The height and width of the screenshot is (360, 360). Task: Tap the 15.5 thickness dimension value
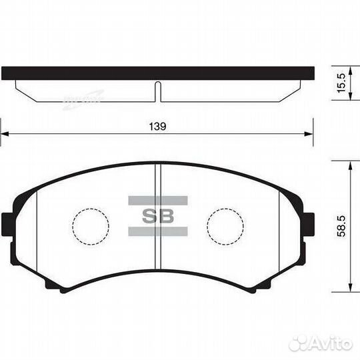coord(341,84)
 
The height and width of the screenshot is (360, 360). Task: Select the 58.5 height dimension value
coord(341,227)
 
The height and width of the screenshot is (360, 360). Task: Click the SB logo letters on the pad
coord(157,215)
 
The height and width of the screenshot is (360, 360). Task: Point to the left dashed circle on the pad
coord(90,227)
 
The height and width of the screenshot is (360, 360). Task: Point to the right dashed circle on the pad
coord(225,227)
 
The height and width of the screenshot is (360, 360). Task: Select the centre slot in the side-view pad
coord(157,92)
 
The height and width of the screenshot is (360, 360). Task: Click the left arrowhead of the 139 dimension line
coord(4,135)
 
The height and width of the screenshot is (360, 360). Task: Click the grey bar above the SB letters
coord(157,199)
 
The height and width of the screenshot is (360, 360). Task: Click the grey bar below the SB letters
coord(157,231)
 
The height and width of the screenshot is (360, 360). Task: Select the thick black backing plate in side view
coord(157,73)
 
